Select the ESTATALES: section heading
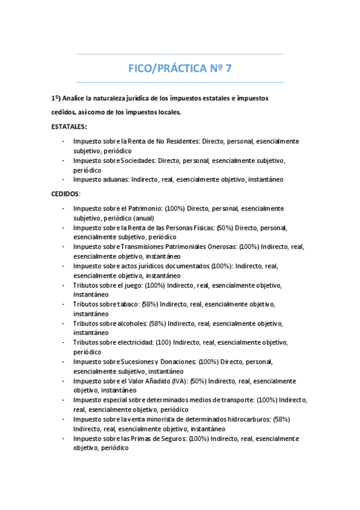coord(69,126)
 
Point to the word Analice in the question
coord(81,97)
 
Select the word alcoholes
coord(131,323)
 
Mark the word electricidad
coord(136,342)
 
